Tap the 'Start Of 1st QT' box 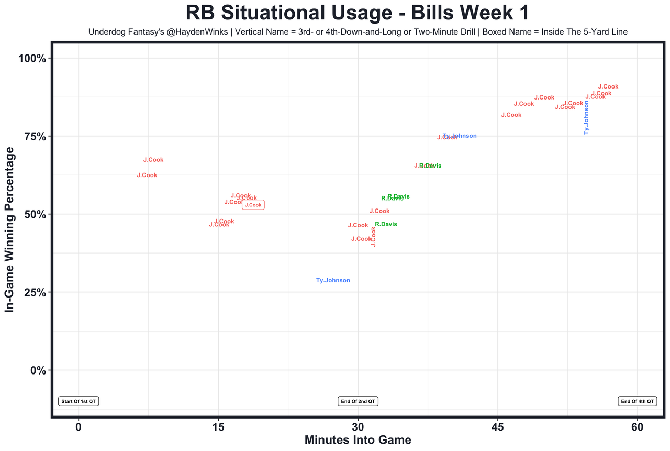coord(79,401)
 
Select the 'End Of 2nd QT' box coord(358,401)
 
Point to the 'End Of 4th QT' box coord(637,401)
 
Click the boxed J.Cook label coord(253,205)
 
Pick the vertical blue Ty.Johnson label coord(586,117)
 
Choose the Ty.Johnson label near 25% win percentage coord(333,281)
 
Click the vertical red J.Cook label coord(373,236)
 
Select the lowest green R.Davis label coord(386,224)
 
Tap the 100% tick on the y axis coord(33,58)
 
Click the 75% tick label coord(36,136)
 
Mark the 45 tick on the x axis coord(498,427)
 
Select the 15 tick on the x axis coord(218,427)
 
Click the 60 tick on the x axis coord(638,427)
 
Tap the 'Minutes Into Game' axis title coord(358,440)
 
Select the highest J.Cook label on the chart coord(608,87)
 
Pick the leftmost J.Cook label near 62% coord(147,175)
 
